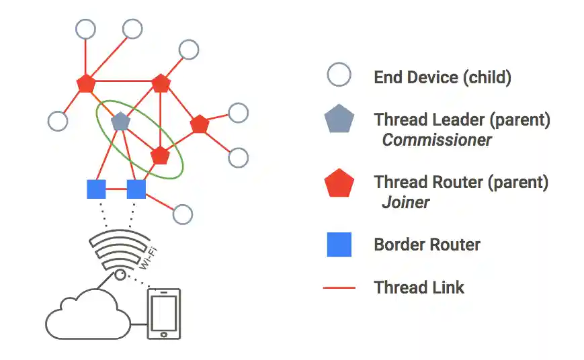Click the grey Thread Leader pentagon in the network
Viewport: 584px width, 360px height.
pyautogui.click(x=120, y=122)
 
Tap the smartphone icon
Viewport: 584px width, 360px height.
pyautogui.click(x=164, y=314)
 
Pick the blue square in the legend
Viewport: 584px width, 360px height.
pyautogui.click(x=339, y=244)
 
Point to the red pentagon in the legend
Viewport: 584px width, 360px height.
pyautogui.click(x=339, y=183)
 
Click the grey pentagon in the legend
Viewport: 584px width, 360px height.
pyautogui.click(x=339, y=121)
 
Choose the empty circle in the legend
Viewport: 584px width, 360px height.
pyautogui.click(x=339, y=75)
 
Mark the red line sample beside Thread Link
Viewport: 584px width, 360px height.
pyautogui.click(x=339, y=288)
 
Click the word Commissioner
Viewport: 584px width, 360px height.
pyautogui.click(x=437, y=140)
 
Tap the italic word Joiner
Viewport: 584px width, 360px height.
pyautogui.click(x=405, y=202)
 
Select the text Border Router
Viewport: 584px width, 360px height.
pyautogui.click(x=427, y=244)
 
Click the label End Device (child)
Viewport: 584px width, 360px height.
pyautogui.click(x=442, y=77)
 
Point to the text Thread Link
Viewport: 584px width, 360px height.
pyautogui.click(x=419, y=288)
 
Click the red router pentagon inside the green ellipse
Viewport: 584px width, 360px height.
pyautogui.click(x=159, y=155)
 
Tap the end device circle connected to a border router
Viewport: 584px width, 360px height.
pyautogui.click(x=182, y=214)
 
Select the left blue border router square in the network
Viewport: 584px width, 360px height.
pyautogui.click(x=97, y=189)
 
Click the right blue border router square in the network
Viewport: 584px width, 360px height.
pyautogui.click(x=136, y=189)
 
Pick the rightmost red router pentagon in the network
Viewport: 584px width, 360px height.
pyautogui.click(x=200, y=124)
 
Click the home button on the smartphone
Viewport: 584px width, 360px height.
pyautogui.click(x=164, y=333)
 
